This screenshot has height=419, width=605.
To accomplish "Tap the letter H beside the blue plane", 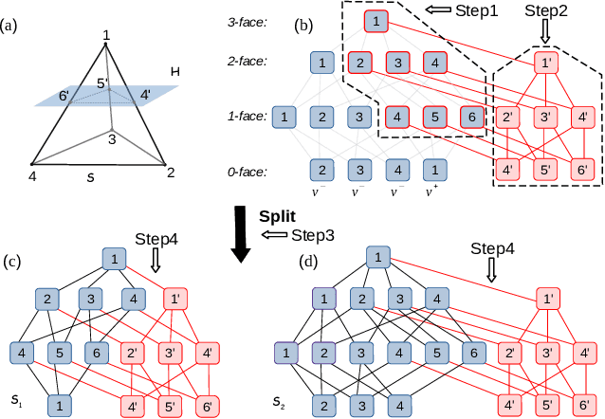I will click(x=174, y=72).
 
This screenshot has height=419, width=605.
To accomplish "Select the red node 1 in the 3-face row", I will click(x=376, y=20).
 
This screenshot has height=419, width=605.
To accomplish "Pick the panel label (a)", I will click(x=11, y=25).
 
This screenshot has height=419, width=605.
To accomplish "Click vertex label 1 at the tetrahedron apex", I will click(x=105, y=35).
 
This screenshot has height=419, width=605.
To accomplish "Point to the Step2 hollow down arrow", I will click(x=543, y=32).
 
